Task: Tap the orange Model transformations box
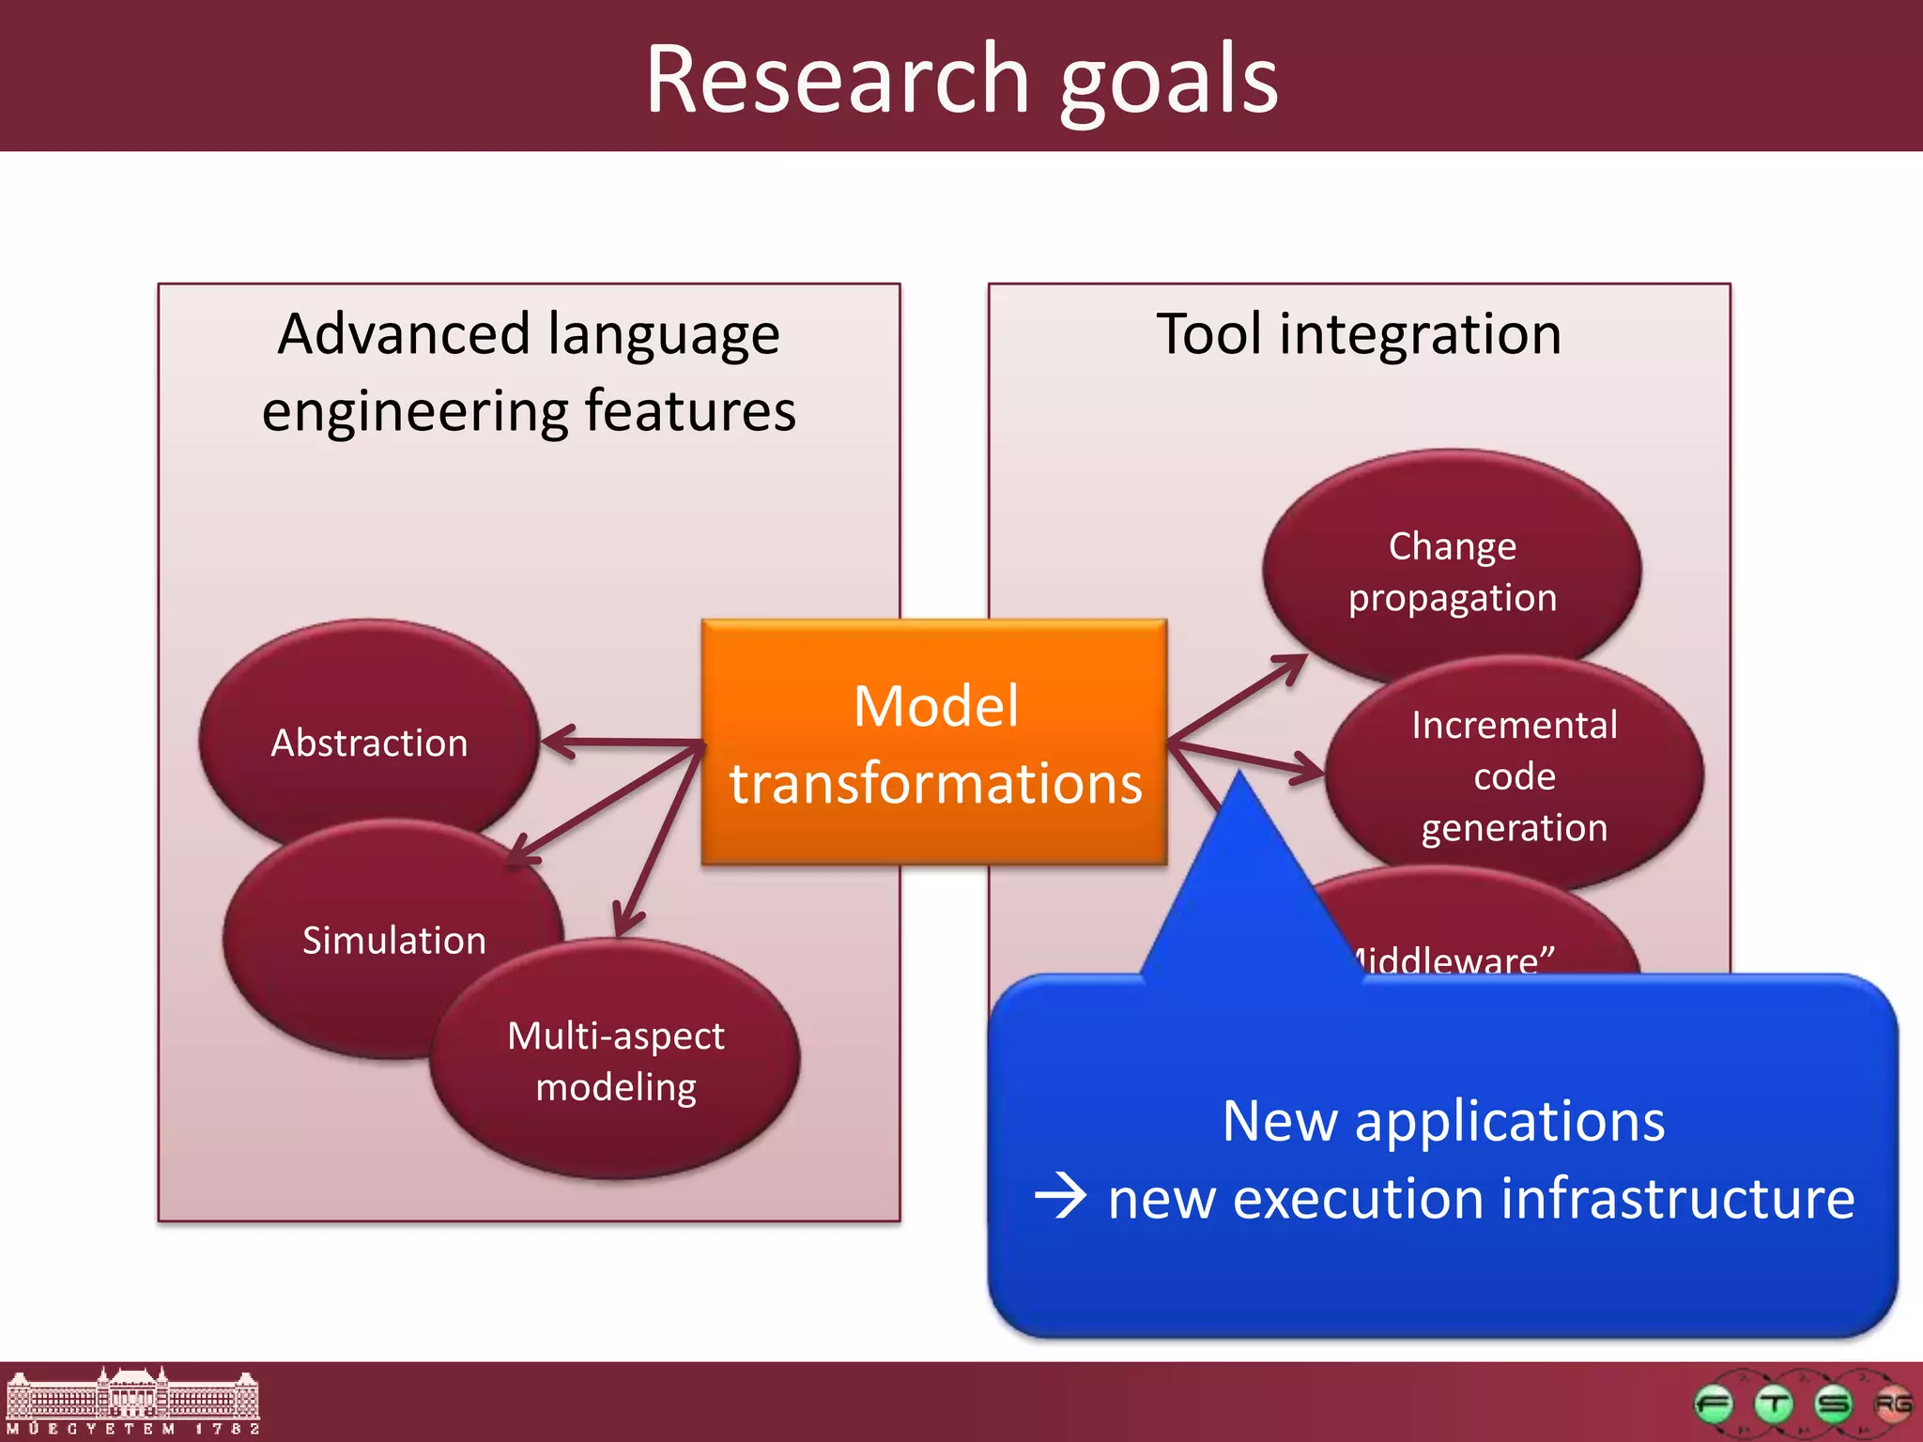coord(934,742)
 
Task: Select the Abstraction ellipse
coord(369,742)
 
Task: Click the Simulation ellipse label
coord(393,941)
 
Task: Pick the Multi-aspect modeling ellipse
coord(615,1061)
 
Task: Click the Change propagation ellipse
coord(1452,571)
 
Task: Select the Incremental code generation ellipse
coord(1514,775)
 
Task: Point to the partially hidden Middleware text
coord(1451,958)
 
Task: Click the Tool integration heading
coord(1359,334)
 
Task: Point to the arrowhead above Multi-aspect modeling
coord(624,920)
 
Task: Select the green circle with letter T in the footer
coord(1774,1404)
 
